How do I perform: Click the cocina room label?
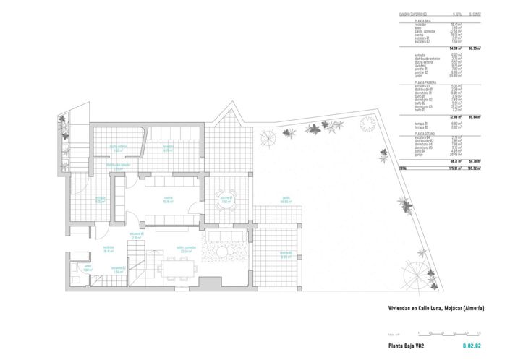click(x=168, y=200)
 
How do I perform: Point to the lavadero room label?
click(x=167, y=149)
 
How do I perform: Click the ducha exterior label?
click(x=118, y=148)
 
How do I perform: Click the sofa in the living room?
click(x=224, y=238)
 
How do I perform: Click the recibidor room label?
click(x=110, y=251)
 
